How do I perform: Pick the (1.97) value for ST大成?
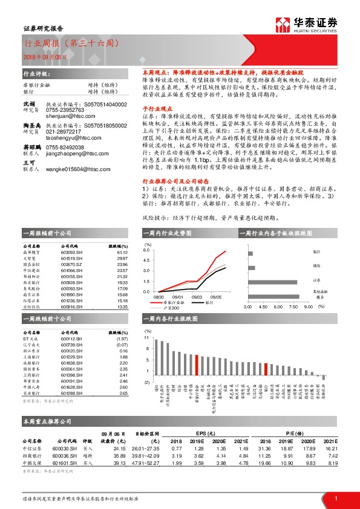[121, 339]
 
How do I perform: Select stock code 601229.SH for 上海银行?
[71, 356]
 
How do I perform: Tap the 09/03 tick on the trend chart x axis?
[197, 297]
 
